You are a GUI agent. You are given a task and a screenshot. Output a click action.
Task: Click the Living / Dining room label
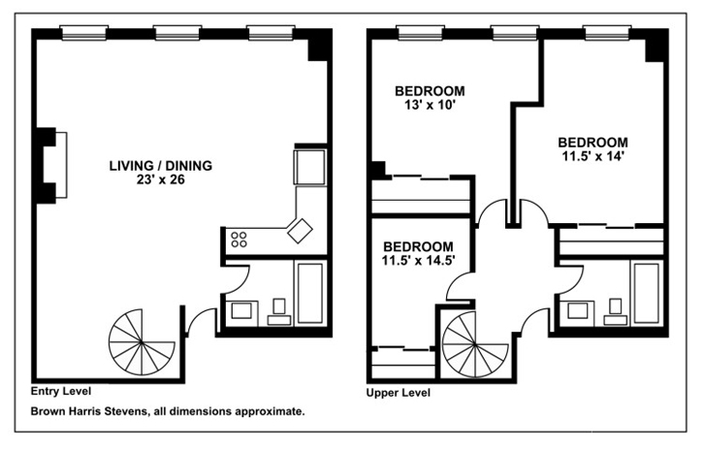point(161,166)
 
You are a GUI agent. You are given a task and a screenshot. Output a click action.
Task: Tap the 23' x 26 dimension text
point(161,179)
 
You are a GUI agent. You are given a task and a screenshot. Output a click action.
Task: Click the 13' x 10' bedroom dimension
point(430,105)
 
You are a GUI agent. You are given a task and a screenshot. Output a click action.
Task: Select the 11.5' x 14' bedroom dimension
point(592,156)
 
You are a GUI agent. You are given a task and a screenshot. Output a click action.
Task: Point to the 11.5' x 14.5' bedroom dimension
point(418,261)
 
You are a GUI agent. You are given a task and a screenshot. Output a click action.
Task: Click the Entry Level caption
point(61,391)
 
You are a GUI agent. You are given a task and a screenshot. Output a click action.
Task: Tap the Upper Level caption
point(399,393)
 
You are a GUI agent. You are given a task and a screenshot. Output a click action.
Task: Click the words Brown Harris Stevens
point(89,411)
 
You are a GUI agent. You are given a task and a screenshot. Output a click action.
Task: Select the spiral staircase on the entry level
point(142,342)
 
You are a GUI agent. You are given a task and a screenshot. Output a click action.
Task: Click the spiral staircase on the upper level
point(474,345)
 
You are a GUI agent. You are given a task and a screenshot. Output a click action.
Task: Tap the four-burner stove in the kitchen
point(239,239)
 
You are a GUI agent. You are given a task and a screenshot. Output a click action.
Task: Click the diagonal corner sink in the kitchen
point(300,231)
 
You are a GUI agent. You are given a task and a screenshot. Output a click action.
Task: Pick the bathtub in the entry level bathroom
point(309,293)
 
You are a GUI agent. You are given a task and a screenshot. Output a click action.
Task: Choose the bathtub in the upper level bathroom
point(646,293)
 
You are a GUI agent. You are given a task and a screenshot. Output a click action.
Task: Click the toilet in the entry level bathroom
point(279,312)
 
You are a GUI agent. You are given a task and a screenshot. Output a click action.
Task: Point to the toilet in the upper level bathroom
point(615,312)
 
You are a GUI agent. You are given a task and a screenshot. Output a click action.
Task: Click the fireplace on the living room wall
point(51,165)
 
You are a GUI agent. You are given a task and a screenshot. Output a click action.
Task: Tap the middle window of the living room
point(177,33)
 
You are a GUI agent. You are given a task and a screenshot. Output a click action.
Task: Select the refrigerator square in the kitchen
point(309,167)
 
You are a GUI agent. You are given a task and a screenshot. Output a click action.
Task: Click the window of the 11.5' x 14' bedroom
point(607,33)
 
